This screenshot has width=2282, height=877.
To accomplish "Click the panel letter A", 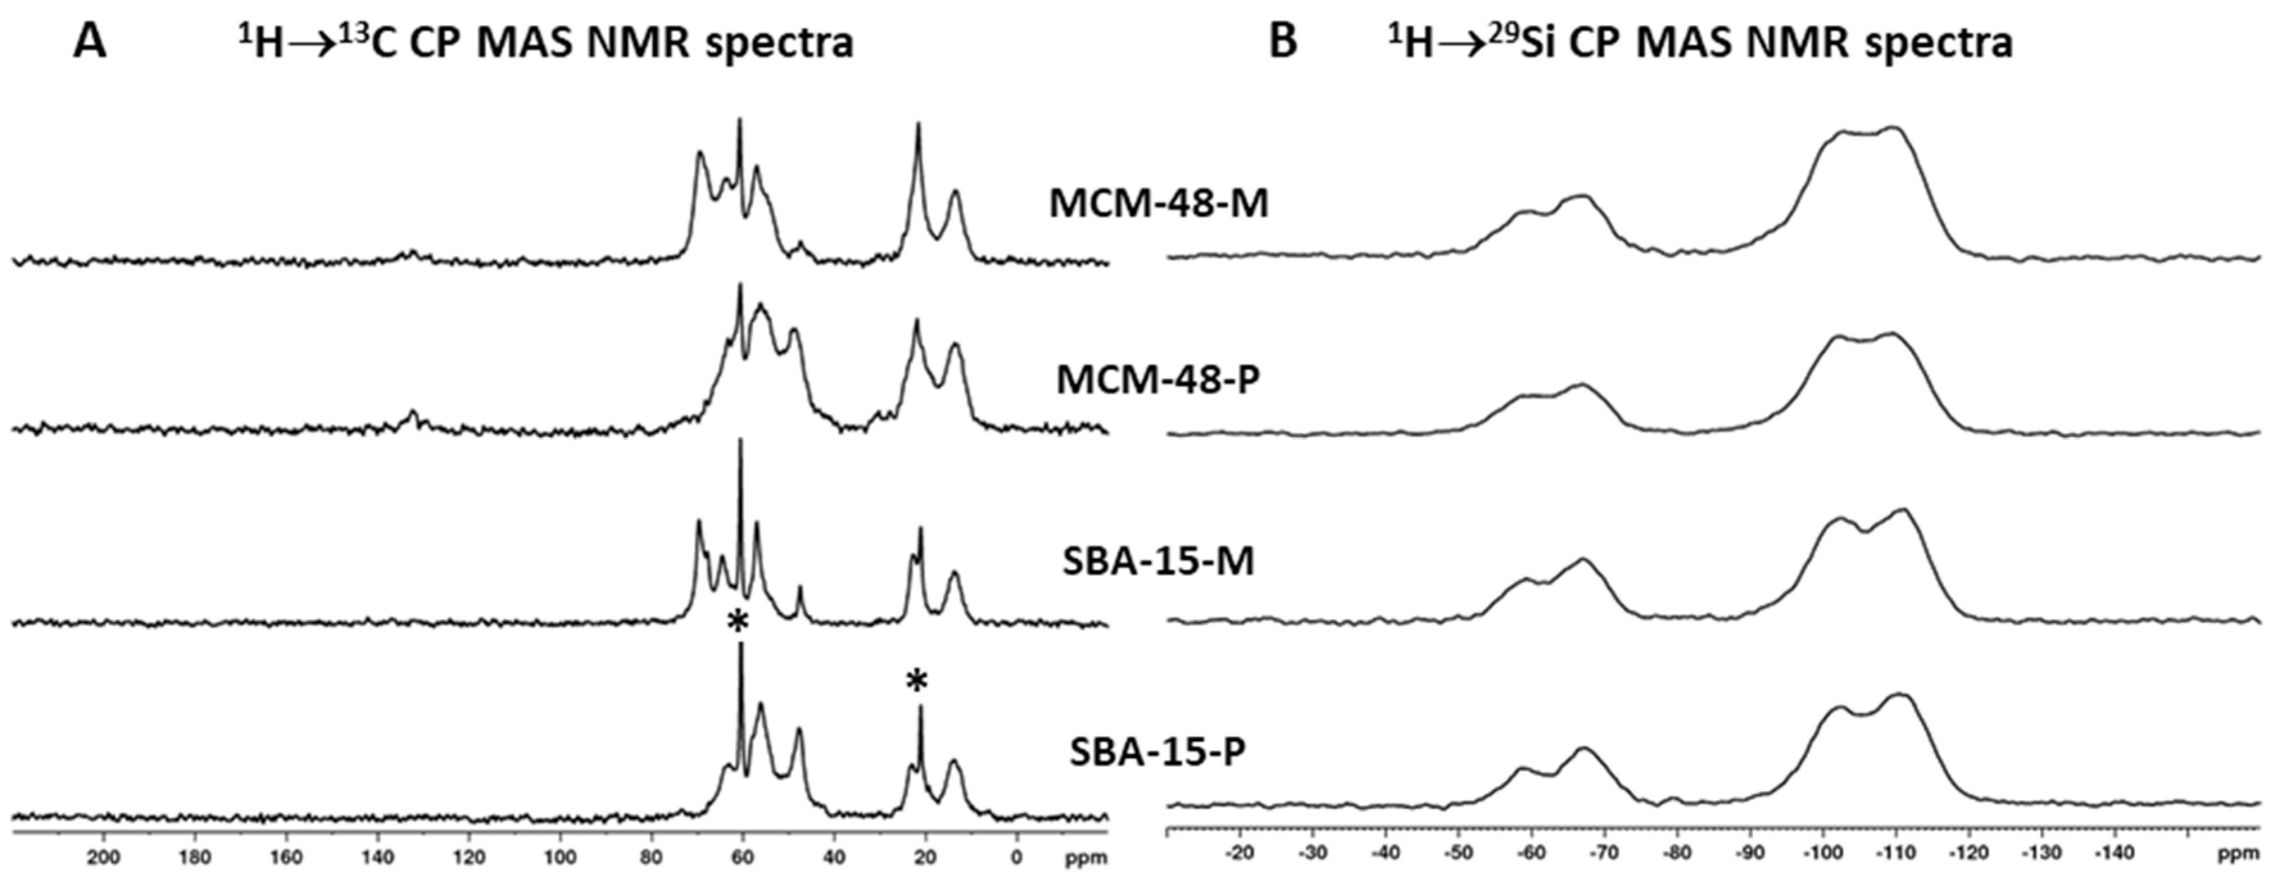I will pyautogui.click(x=90, y=42).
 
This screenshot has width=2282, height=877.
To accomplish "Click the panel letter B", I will pyautogui.click(x=1283, y=42).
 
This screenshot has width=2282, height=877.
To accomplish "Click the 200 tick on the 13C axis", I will pyautogui.click(x=104, y=858).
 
